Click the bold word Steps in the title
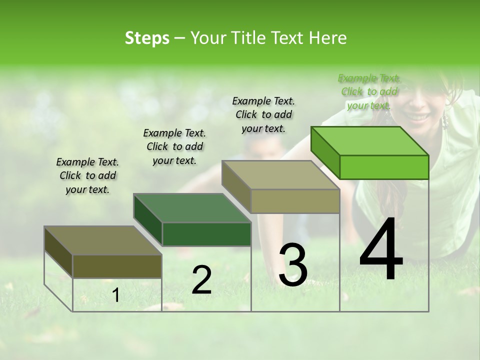[147, 38]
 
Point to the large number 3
[293, 265]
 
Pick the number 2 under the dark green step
[201, 280]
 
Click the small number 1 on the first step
[116, 295]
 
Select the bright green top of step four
[369, 141]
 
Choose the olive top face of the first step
[102, 240]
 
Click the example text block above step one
[87, 175]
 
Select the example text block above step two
[174, 146]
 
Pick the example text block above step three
[263, 114]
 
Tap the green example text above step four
[369, 91]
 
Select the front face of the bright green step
[384, 167]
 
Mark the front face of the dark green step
[206, 234]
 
